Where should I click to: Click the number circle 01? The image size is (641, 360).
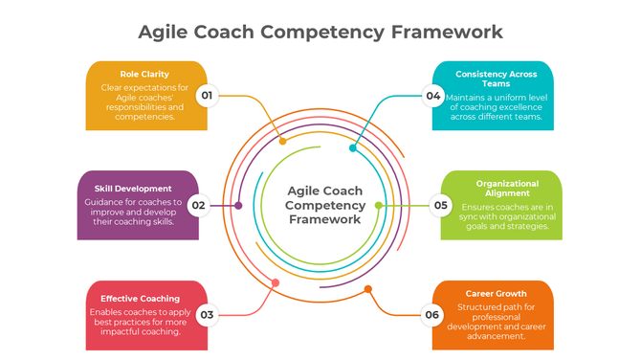pos(207,96)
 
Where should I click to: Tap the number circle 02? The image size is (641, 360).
pos(199,205)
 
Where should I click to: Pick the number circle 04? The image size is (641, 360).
pos(433,96)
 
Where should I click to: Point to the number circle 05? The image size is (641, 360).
pos(441,205)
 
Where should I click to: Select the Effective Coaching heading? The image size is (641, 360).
pos(141,298)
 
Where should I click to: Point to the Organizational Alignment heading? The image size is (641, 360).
pos(507,187)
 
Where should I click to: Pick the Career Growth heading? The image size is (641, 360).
pos(496,293)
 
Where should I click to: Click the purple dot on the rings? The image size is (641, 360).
pos(238,205)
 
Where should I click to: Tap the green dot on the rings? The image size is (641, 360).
pos(378,205)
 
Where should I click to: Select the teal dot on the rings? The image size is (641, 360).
pos(353,148)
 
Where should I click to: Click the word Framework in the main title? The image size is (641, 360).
pos(446,31)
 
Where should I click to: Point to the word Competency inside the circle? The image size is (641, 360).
pos(325,205)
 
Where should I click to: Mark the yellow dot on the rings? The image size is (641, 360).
pos(282,142)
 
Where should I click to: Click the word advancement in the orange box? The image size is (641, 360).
pos(495,336)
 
